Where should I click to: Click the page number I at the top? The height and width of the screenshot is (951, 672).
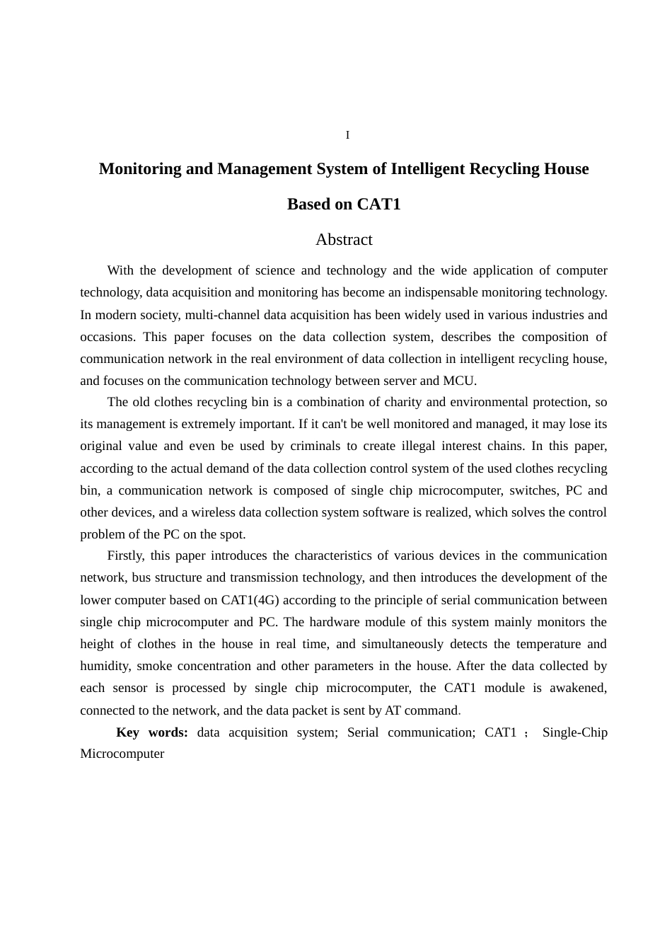click(x=347, y=135)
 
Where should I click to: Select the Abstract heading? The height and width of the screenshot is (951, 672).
click(x=344, y=240)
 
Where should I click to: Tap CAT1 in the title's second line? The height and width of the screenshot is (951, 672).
click(x=378, y=204)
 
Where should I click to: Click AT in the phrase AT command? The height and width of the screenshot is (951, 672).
click(x=393, y=710)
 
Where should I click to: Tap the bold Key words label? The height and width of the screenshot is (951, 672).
click(x=151, y=732)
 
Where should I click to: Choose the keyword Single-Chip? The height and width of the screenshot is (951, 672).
click(x=574, y=732)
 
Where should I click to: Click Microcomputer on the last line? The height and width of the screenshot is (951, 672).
click(x=122, y=754)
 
